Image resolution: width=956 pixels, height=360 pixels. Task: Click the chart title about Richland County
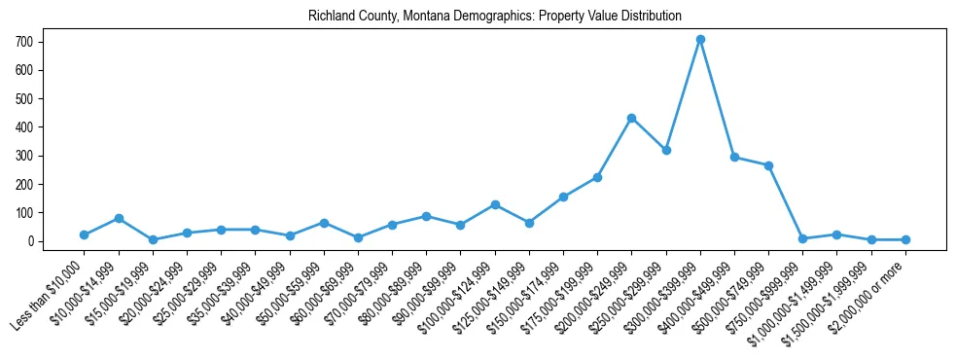[x=495, y=17]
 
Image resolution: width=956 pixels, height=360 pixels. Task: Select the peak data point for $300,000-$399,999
[x=700, y=40]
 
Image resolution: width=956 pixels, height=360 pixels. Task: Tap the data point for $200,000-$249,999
[x=632, y=118]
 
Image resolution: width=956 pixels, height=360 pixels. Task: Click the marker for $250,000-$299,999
[x=666, y=151]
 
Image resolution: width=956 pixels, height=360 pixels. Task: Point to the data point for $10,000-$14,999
[x=119, y=218]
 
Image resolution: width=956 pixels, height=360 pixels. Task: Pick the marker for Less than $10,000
[x=85, y=234]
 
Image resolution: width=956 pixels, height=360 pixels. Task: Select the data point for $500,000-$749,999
[x=768, y=165]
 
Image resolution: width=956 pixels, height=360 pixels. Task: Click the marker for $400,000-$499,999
[x=734, y=157]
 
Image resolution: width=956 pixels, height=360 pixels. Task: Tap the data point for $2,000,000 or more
[x=905, y=239]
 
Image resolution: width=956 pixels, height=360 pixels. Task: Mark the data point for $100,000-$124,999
[x=495, y=204]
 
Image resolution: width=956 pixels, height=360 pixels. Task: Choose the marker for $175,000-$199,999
[x=597, y=177]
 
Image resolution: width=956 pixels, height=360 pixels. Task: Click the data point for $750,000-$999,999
[x=802, y=238]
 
